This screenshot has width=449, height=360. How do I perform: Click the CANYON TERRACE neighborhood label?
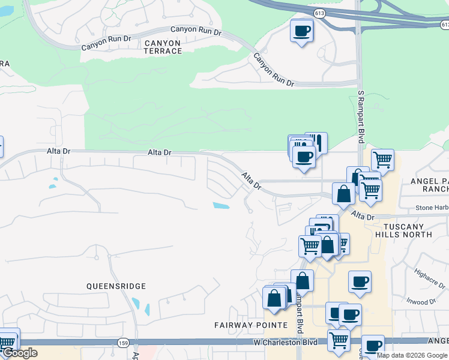(163, 47)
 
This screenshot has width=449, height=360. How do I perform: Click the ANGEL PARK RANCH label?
(428, 185)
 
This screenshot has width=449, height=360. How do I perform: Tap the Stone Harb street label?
(432, 208)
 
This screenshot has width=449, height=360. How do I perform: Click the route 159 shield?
(123, 343)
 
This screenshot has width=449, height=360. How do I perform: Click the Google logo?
(19, 353)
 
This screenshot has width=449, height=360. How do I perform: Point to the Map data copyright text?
(412, 355)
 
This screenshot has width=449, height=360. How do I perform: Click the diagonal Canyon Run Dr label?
(273, 70)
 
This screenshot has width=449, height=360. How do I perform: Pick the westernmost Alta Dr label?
(58, 152)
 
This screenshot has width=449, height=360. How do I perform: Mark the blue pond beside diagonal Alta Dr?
(221, 206)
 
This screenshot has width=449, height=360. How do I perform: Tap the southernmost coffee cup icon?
(372, 346)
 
